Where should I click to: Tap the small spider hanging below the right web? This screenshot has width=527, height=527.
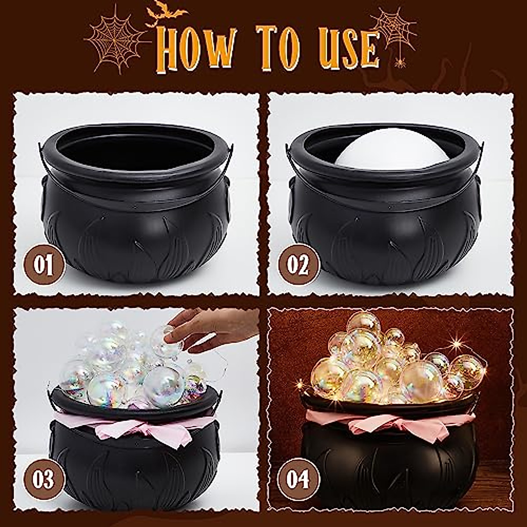tap(400, 64)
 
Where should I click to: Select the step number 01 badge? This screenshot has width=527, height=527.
tap(44, 265)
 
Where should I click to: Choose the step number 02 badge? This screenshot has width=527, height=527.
tap(299, 265)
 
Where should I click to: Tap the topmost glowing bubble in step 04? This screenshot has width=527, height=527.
tap(362, 323)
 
